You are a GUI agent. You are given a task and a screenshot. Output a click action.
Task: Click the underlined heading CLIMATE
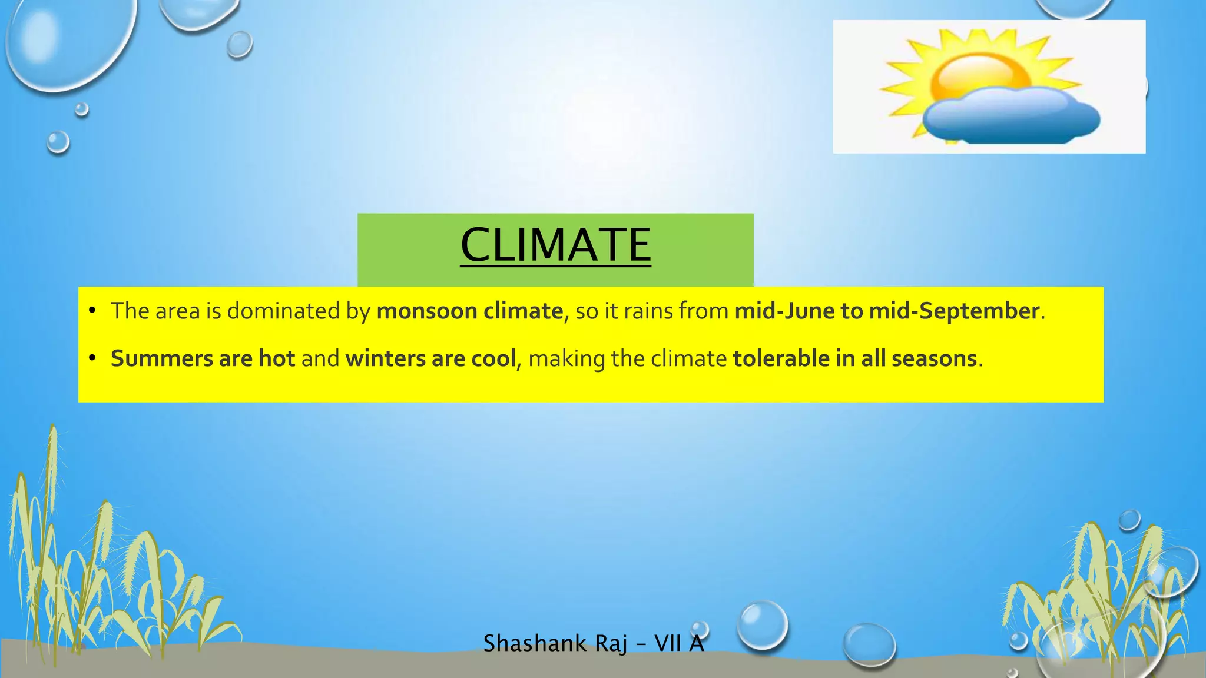point(555,245)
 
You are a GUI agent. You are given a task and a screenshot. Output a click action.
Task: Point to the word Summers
point(161,359)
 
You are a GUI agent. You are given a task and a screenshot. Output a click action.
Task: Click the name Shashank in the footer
point(535,644)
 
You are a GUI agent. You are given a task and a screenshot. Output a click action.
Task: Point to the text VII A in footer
point(679,644)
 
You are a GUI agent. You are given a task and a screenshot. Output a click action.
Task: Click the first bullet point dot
point(92,311)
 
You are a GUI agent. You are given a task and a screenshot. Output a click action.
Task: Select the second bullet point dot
point(92,359)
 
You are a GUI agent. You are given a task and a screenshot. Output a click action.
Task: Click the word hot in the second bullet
point(277,359)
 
